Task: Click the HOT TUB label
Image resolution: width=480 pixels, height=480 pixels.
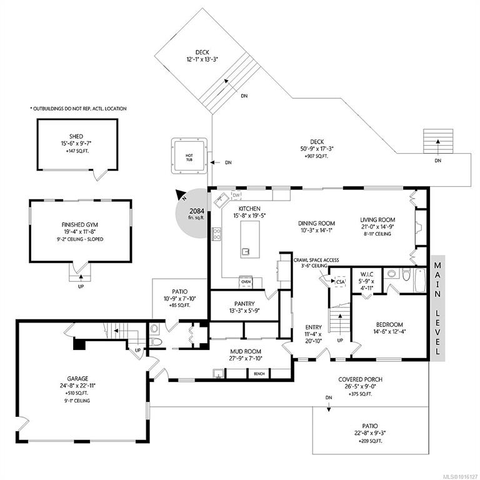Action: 189,157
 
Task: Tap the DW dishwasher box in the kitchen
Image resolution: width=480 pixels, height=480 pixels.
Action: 236,196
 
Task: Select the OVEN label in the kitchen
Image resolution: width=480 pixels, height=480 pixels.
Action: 246,282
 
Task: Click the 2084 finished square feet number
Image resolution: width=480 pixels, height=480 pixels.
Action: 196,211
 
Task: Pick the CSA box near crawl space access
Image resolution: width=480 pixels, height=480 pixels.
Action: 341,282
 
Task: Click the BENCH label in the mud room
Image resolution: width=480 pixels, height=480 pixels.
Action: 259,374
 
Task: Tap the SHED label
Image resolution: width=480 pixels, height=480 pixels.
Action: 76,136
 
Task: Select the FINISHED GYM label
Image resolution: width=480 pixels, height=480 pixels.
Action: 80,225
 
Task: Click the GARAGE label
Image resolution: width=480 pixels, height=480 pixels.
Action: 77,379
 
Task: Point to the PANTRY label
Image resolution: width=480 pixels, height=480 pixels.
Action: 244,304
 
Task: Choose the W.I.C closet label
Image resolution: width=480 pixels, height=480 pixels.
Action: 366,274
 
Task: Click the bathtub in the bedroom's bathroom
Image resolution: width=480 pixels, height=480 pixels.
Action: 420,281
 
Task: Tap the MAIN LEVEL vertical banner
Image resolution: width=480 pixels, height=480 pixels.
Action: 437,308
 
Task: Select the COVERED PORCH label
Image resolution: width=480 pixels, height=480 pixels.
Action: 360,379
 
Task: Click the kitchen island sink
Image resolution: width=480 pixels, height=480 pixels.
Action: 246,252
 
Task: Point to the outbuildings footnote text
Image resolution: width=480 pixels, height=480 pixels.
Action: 78,108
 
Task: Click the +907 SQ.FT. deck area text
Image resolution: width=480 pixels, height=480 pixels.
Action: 316,156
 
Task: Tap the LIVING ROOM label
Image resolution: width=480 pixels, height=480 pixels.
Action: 377,220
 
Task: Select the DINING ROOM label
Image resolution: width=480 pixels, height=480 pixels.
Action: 316,224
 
